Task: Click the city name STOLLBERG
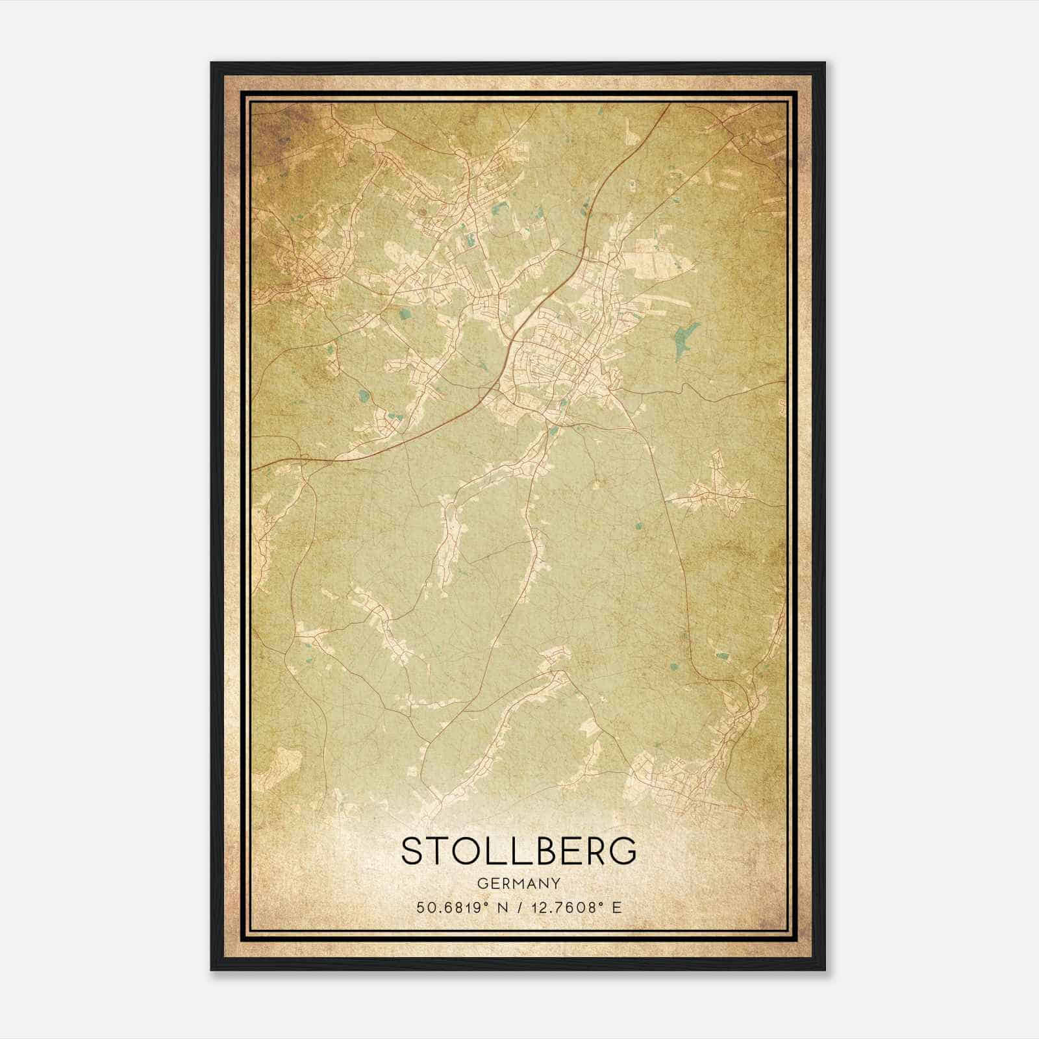(519, 850)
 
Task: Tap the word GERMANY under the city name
(519, 883)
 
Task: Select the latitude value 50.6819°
(452, 907)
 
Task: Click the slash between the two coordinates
(519, 907)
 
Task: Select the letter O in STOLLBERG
(466, 850)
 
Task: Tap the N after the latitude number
(503, 907)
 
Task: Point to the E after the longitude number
(617, 907)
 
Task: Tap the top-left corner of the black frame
(212, 63)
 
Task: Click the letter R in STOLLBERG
(595, 850)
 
